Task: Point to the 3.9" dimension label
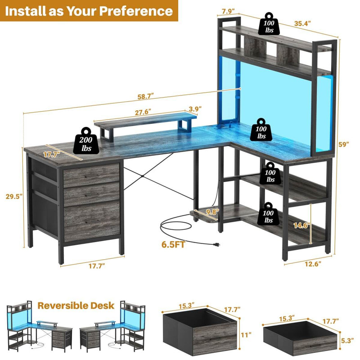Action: coord(195,109)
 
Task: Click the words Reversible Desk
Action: coord(76,306)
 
